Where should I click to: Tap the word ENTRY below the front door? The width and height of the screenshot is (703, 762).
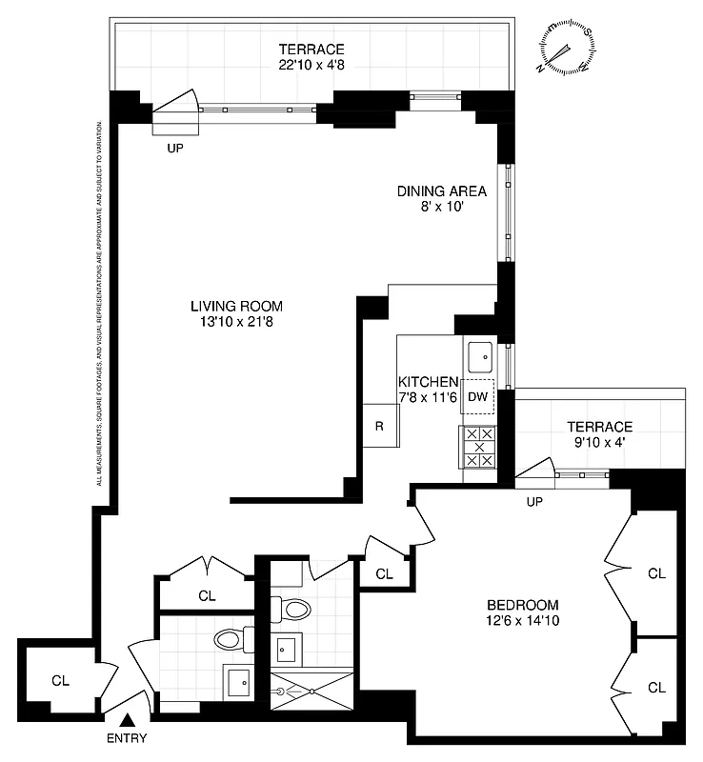pyautogui.click(x=128, y=738)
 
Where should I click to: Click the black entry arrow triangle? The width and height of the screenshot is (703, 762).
pyautogui.click(x=128, y=721)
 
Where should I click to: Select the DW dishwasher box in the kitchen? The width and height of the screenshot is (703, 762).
pyautogui.click(x=478, y=397)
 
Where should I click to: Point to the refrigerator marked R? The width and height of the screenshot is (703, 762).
pyautogui.click(x=379, y=426)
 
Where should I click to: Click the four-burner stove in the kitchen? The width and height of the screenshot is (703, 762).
pyautogui.click(x=479, y=447)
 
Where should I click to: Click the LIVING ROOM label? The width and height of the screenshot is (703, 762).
pyautogui.click(x=236, y=306)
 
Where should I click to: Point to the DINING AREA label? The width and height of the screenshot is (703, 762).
pyautogui.click(x=441, y=191)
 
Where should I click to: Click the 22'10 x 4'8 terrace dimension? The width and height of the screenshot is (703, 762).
pyautogui.click(x=311, y=66)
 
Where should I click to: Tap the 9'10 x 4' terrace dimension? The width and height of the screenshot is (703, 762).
pyautogui.click(x=599, y=443)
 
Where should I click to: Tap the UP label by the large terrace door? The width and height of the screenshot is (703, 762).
pyautogui.click(x=175, y=149)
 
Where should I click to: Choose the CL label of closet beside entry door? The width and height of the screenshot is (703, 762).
pyautogui.click(x=61, y=680)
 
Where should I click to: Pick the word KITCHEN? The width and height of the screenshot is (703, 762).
pyautogui.click(x=429, y=382)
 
